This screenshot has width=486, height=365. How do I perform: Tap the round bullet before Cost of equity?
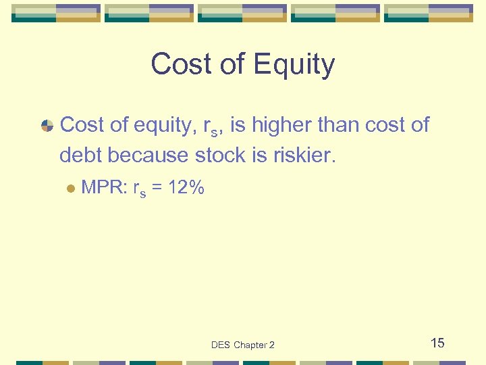[x=47, y=126]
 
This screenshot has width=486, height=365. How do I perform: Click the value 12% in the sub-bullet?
[x=186, y=189]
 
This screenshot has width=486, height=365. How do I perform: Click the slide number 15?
[x=437, y=343]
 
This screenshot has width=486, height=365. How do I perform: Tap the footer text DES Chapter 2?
[x=243, y=345]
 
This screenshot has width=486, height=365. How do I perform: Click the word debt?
[x=80, y=155]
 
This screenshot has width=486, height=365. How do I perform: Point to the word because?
[x=148, y=155]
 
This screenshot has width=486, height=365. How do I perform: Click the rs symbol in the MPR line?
[x=140, y=191]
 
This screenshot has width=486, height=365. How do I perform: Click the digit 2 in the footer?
[x=271, y=345]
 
